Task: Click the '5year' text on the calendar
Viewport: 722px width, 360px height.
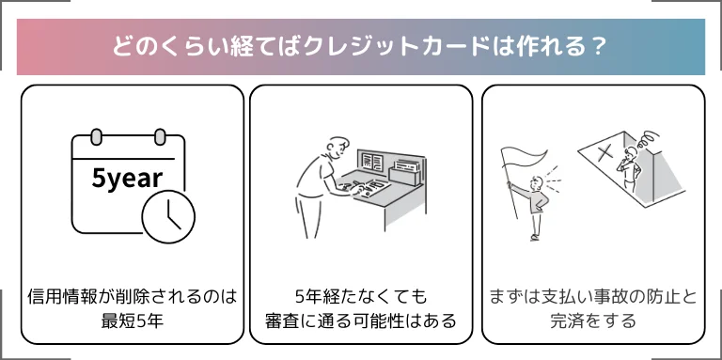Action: [x=127, y=179]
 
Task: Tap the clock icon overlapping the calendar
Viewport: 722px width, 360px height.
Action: [x=168, y=217]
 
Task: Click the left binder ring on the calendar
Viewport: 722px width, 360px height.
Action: [x=96, y=136]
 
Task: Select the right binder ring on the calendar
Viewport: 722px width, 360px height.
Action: [x=160, y=136]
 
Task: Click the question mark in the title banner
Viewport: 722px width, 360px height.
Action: [x=599, y=47]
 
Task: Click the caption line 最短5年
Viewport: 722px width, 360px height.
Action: [x=133, y=321]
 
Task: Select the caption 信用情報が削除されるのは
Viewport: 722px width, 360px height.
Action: [x=133, y=297]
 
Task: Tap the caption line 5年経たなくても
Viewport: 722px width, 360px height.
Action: [x=361, y=297]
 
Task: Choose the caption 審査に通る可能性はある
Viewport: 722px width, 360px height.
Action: [x=361, y=321]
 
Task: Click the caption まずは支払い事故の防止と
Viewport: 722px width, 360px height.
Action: [x=593, y=297]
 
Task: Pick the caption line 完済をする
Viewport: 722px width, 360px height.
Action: [x=593, y=321]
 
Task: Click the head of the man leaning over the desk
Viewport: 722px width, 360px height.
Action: [x=338, y=148]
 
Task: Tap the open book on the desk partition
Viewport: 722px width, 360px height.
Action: [x=372, y=161]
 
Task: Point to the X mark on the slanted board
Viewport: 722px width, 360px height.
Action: [x=605, y=152]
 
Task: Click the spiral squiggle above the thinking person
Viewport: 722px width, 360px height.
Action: [x=647, y=138]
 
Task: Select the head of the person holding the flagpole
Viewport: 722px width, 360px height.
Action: [x=536, y=183]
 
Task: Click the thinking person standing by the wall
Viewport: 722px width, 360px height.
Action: [x=629, y=169]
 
